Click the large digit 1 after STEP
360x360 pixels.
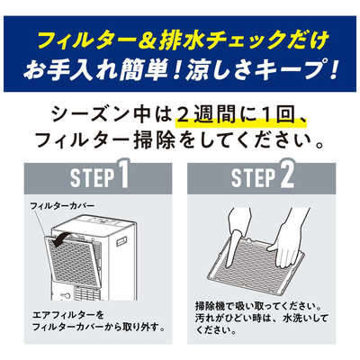click(122, 174)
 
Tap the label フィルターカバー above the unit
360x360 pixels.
click(62, 206)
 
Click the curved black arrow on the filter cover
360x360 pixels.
click(60, 238)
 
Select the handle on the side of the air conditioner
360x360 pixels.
click(121, 241)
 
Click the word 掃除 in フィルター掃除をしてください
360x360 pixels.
click(155, 139)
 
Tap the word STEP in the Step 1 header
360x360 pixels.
click(93, 177)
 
